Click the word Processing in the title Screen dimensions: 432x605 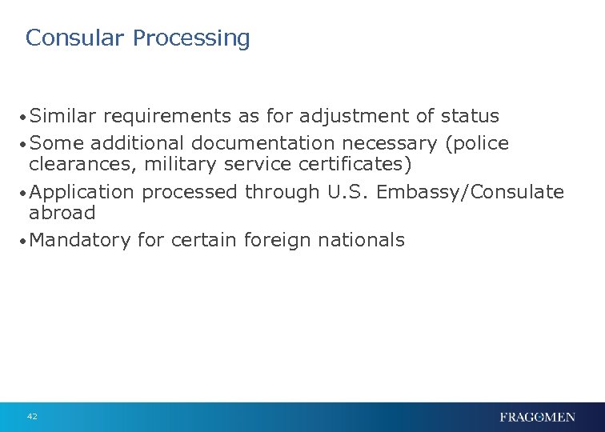191,38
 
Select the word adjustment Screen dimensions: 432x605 355,117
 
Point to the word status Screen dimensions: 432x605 470,116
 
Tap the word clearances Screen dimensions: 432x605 83,164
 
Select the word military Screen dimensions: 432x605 178,164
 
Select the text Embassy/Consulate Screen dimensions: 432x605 471,193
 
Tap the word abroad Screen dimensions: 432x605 62,213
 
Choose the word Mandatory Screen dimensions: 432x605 79,240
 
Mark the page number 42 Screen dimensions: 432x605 32,417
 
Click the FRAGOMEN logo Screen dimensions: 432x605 537,417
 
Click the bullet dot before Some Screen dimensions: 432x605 23,145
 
